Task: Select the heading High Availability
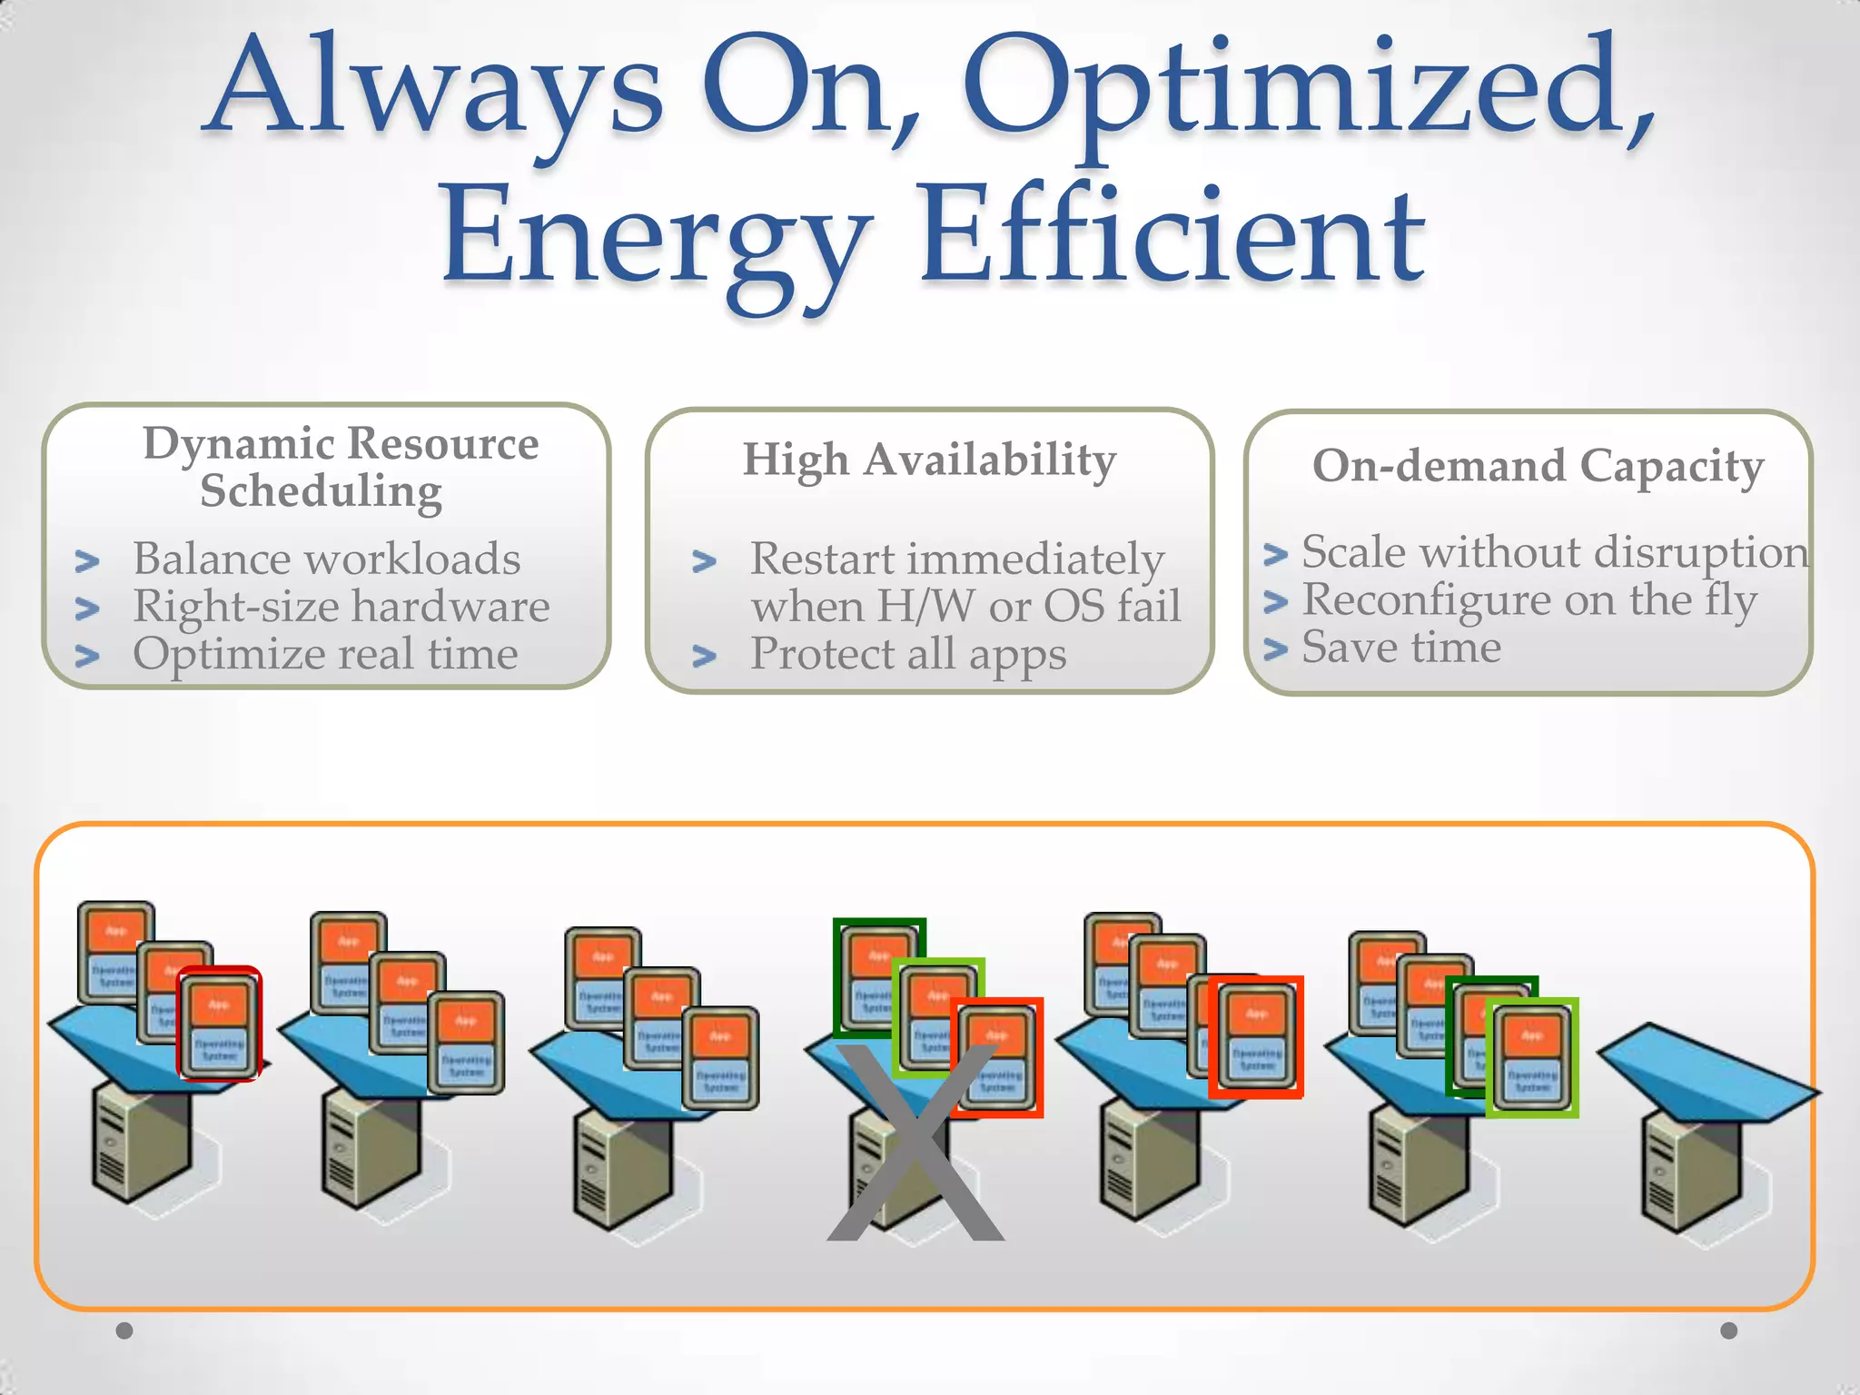pyautogui.click(x=929, y=460)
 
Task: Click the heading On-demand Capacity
pyautogui.click(x=1538, y=467)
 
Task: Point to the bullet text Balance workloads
pyautogui.click(x=327, y=559)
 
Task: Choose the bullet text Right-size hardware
pyautogui.click(x=341, y=607)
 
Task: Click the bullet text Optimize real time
pyautogui.click(x=325, y=654)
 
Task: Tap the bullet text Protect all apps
pyautogui.click(x=908, y=654)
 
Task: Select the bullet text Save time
pyautogui.click(x=1401, y=648)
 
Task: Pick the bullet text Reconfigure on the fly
pyautogui.click(x=1529, y=600)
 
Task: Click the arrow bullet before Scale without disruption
pyautogui.click(x=1276, y=554)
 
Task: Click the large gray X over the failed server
pyautogui.click(x=915, y=1144)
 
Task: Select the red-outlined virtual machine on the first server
pyautogui.click(x=219, y=1024)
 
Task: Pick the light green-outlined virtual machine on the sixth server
pyautogui.click(x=1532, y=1056)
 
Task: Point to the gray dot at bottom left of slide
pyautogui.click(x=124, y=1331)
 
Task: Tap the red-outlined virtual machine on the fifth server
pyautogui.click(x=1256, y=1036)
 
